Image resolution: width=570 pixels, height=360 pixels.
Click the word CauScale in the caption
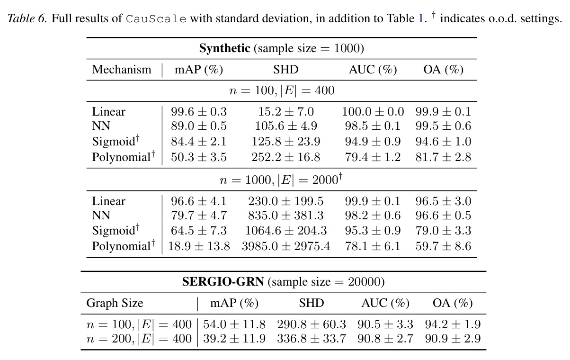tap(156, 19)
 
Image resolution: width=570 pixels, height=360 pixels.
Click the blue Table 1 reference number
tap(420, 18)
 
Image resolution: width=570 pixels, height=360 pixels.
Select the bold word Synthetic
tap(225, 48)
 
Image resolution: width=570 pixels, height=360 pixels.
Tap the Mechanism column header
tap(122, 70)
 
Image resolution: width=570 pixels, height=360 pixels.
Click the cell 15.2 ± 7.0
tap(286, 111)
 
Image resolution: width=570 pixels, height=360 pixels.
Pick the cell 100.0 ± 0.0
tap(373, 111)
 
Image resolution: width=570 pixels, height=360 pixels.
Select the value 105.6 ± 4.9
tap(286, 126)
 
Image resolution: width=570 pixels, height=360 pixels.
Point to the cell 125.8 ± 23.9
tap(286, 141)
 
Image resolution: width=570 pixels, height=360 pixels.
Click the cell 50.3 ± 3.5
tap(199, 157)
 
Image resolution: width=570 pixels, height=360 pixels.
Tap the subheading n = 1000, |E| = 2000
tap(281, 179)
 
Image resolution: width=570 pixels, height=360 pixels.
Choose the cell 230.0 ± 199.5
tap(286, 201)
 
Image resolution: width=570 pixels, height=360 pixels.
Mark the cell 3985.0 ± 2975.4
tap(286, 246)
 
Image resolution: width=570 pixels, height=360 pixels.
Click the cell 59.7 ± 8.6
tap(443, 246)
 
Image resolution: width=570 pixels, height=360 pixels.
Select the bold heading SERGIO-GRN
tap(223, 281)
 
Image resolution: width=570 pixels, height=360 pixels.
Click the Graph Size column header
tap(115, 303)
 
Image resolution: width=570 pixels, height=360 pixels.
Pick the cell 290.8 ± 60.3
tap(312, 324)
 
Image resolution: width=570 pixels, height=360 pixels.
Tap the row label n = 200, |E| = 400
tap(139, 339)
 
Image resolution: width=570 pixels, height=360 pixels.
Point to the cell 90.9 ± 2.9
tap(453, 339)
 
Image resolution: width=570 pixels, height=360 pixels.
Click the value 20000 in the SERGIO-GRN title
tap(364, 282)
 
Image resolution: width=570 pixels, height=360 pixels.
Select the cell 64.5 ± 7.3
tap(199, 230)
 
